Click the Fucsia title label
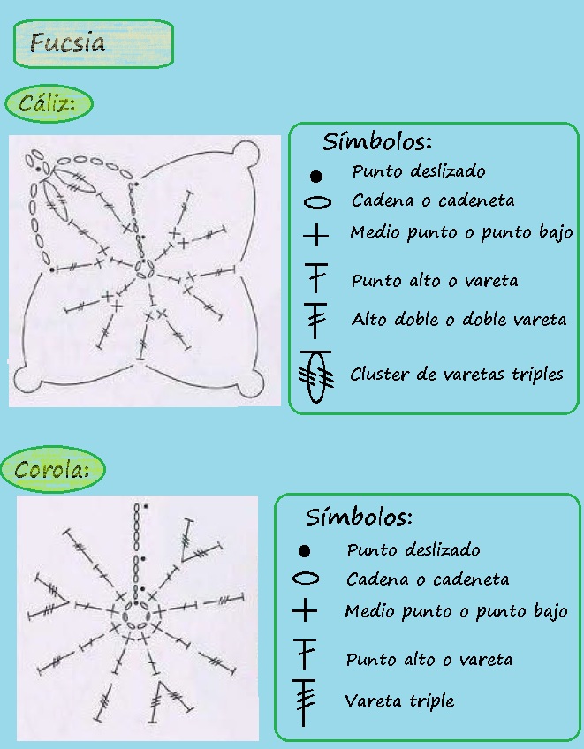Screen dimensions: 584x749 point(93,43)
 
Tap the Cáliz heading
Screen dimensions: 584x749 point(49,104)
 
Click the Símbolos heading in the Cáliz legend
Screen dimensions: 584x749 point(376,141)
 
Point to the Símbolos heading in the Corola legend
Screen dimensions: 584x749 point(359,517)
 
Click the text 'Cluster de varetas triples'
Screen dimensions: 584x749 point(456,374)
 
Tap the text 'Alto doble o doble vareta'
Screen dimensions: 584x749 point(459,319)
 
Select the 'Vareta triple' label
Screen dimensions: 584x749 point(399,701)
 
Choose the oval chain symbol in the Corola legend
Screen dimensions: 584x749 point(305,579)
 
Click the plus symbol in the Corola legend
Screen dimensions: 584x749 point(305,610)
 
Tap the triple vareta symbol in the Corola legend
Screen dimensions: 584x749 point(305,700)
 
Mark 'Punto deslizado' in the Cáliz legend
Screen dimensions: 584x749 point(418,171)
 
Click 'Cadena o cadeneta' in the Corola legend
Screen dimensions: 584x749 point(428,579)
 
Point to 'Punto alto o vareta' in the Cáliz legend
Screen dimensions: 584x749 point(434,281)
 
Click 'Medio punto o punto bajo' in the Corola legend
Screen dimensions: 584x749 point(456,611)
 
